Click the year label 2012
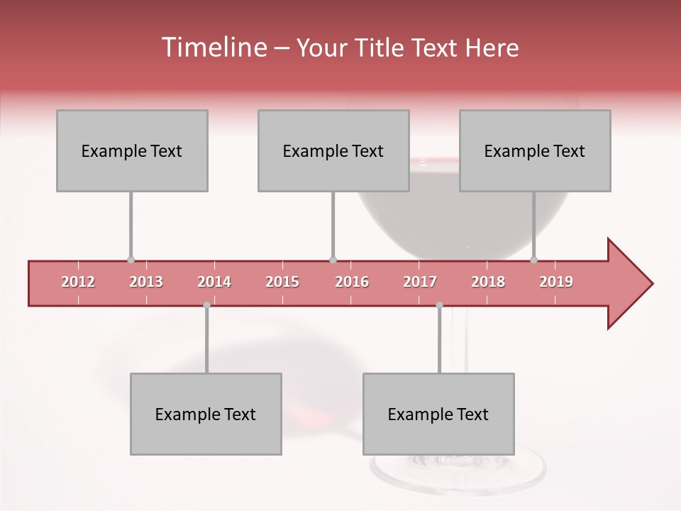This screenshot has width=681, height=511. (78, 282)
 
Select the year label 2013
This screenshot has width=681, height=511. (146, 282)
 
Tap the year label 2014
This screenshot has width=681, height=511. (214, 282)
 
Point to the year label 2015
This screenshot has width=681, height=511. (282, 282)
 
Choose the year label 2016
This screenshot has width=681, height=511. (352, 282)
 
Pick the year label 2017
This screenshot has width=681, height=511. (420, 282)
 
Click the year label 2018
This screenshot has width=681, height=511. (488, 282)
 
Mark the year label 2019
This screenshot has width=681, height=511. (556, 282)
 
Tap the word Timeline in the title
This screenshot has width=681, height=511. (212, 48)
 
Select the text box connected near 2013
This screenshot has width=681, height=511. (132, 150)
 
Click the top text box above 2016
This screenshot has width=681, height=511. (333, 150)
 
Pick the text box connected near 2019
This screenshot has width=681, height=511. (535, 150)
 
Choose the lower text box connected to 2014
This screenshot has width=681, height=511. (206, 414)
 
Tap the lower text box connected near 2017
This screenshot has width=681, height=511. (438, 414)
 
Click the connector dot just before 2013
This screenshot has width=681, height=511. (131, 260)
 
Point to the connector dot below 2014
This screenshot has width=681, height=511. (206, 305)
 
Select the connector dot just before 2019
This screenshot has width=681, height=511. (533, 260)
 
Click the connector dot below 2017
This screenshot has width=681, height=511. (439, 305)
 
